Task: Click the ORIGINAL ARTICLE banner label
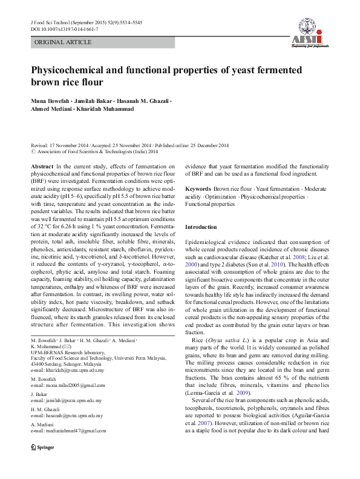tap(63, 42)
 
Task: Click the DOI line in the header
tap(65, 28)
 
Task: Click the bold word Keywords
tap(198, 190)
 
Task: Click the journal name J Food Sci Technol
tap(51, 22)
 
